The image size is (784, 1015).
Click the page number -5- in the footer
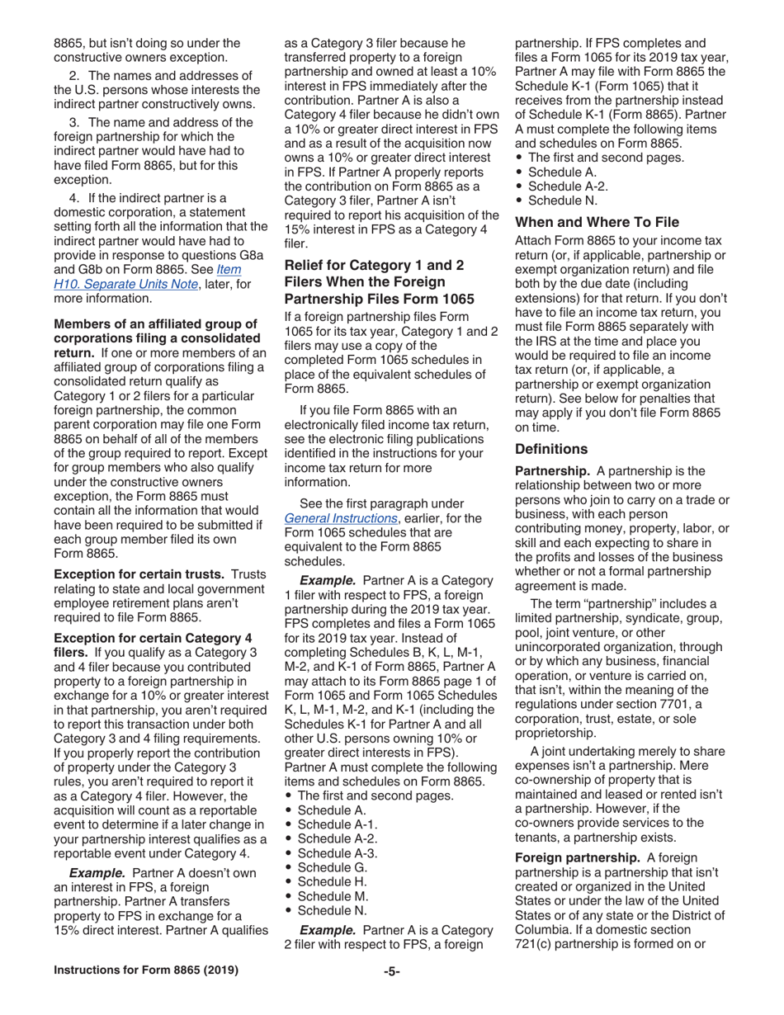tap(391, 971)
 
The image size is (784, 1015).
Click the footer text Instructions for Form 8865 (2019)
tap(146, 970)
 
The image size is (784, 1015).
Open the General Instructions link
tap(339, 518)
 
